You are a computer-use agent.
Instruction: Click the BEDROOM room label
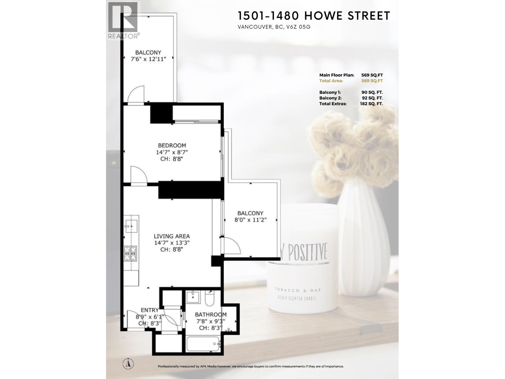tap(172, 145)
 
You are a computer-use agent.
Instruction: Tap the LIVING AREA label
tap(172, 236)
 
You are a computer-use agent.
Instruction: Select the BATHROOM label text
tap(211, 315)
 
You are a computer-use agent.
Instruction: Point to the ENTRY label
tap(150, 310)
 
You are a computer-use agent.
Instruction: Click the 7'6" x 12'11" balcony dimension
tap(148, 59)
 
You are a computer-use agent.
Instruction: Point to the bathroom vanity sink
tap(193, 297)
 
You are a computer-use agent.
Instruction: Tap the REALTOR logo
tap(123, 20)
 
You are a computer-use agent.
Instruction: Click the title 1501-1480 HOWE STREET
tap(314, 15)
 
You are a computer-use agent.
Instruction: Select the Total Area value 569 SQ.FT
tap(372, 81)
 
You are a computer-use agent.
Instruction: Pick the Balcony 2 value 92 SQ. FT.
tap(372, 98)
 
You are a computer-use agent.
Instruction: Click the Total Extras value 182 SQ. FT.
tap(371, 104)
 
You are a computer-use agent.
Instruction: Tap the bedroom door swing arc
tap(139, 174)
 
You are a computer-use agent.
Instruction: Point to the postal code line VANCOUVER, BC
tap(274, 27)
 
